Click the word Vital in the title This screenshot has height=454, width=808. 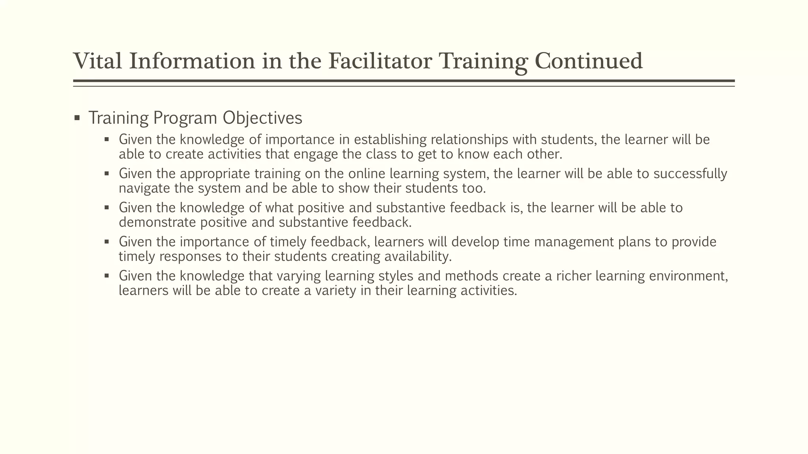97,61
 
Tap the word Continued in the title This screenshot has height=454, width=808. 589,61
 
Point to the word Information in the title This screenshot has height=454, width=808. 192,61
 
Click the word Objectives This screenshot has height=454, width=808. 262,118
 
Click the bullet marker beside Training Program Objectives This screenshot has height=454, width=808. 77,118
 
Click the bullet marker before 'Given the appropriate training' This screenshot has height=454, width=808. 107,173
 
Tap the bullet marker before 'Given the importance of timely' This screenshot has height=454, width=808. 107,241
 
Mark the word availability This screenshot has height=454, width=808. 417,257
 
